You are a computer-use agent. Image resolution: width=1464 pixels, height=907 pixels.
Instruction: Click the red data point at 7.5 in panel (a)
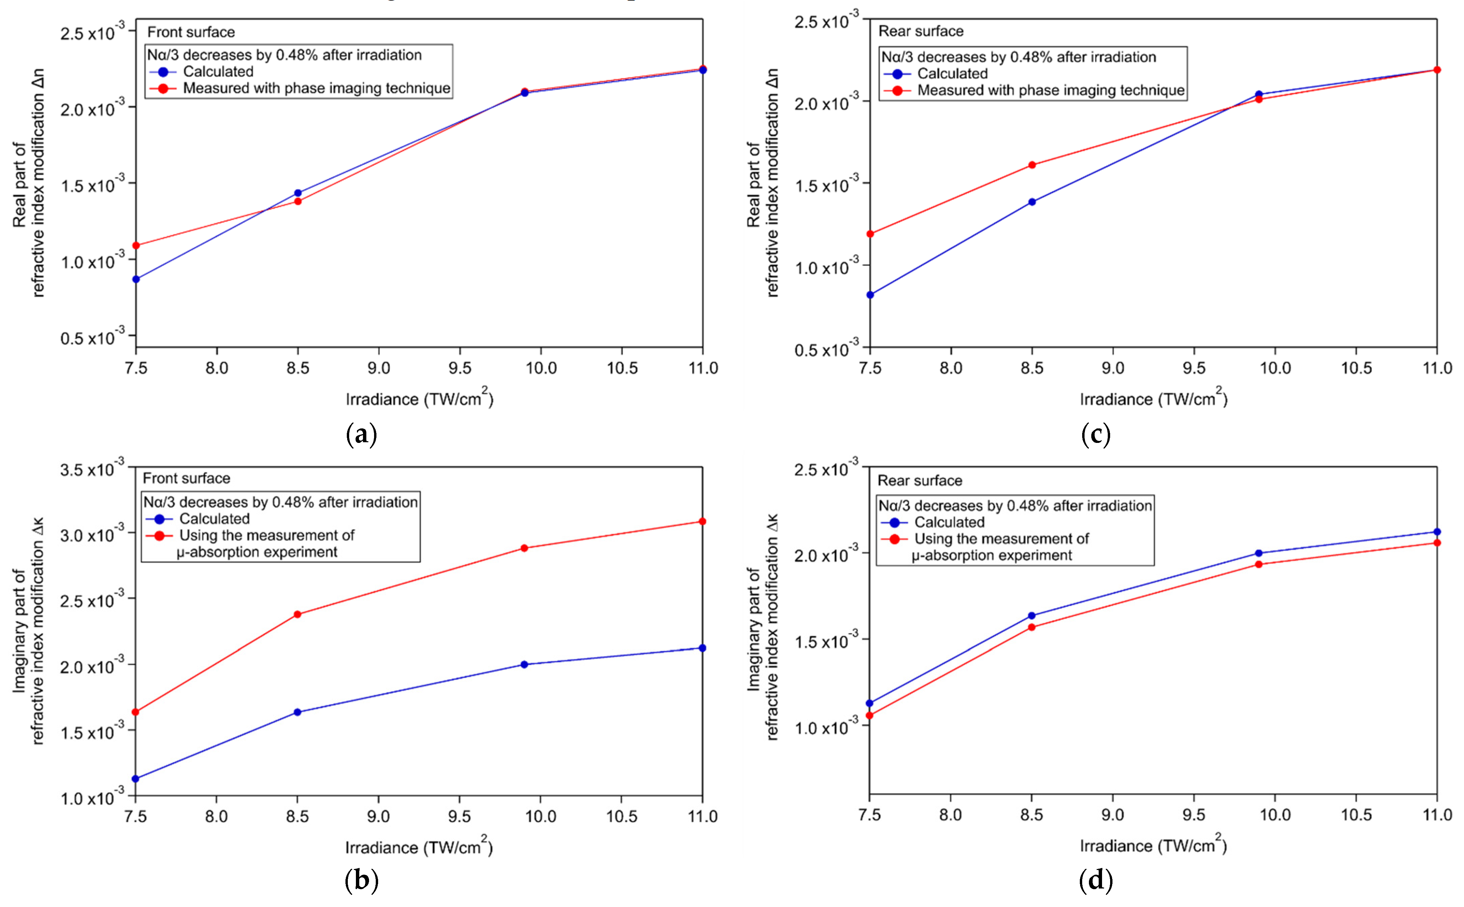(136, 245)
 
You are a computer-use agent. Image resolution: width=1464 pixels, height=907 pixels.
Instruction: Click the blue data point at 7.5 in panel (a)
(136, 279)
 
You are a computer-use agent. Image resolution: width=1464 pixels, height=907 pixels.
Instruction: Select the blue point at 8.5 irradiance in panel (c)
(1032, 202)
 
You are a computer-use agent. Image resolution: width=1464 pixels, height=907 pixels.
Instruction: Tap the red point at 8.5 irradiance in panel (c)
(1032, 165)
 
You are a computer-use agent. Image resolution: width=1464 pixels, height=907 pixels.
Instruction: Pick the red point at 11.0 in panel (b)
(703, 521)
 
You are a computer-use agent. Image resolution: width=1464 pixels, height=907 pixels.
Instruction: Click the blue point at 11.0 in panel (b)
(703, 648)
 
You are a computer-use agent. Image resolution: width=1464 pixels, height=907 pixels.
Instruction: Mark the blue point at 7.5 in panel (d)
(870, 703)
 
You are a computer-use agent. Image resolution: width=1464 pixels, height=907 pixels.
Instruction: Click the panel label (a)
(362, 434)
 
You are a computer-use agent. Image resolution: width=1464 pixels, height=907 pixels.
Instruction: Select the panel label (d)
(1096, 880)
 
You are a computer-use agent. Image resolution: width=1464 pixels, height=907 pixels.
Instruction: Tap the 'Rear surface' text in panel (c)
(921, 31)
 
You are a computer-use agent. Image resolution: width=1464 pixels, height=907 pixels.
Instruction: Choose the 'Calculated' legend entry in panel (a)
(218, 71)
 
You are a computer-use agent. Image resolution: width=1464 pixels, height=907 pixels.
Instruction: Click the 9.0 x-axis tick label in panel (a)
(378, 368)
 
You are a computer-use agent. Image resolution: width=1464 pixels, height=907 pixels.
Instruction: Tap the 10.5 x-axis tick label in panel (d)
(1356, 815)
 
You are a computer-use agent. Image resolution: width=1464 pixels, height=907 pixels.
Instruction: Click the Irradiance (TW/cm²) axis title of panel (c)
(1154, 398)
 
